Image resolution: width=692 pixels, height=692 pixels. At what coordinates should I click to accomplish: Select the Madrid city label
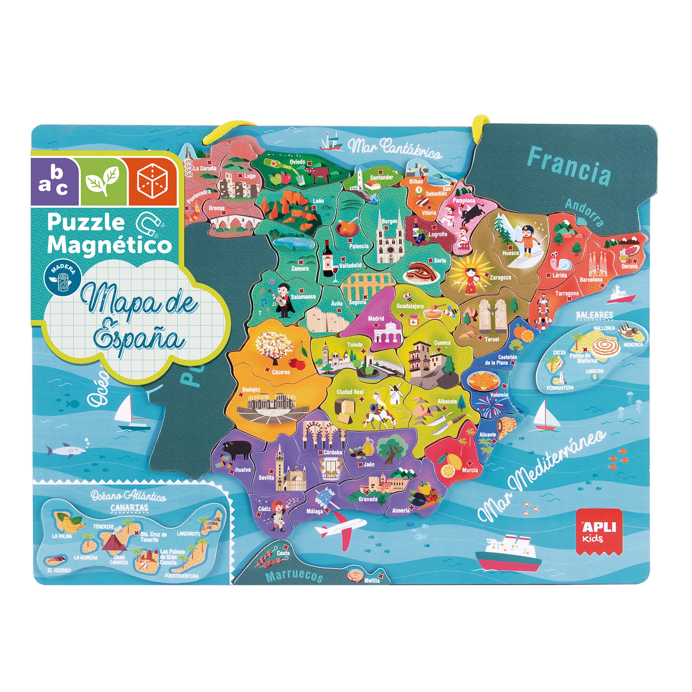point(376,318)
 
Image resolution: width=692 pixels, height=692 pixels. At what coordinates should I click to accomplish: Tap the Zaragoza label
point(500,277)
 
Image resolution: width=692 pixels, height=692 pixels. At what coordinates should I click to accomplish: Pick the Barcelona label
point(591,280)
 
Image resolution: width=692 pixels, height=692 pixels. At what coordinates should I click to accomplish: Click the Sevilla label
point(266,477)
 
